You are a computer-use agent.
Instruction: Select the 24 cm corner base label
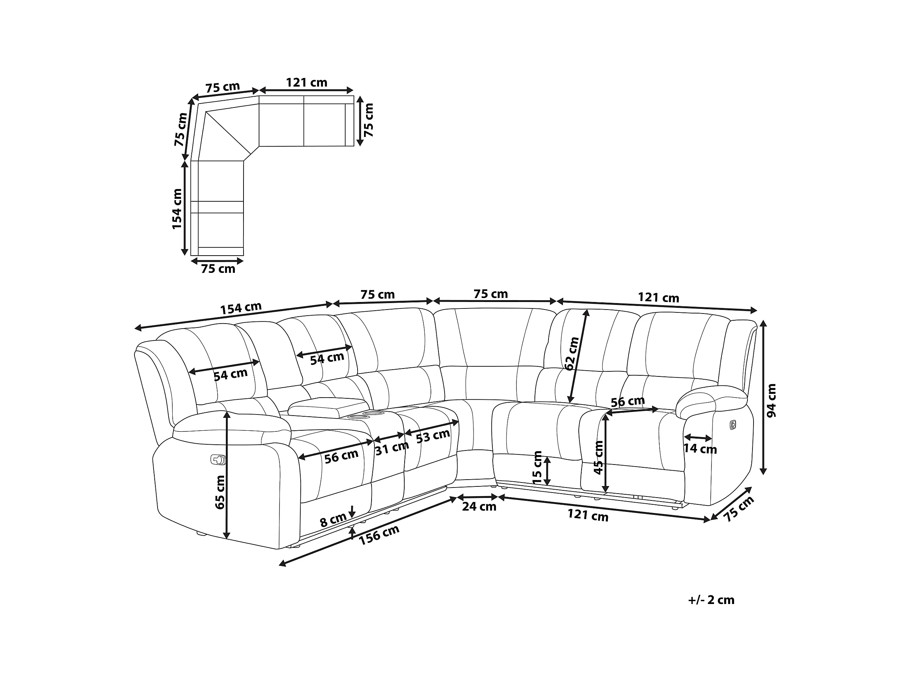479,507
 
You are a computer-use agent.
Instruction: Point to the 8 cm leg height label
333,520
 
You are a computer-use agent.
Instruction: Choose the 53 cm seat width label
433,436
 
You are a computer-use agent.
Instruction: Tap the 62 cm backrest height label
572,353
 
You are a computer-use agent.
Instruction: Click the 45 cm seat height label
599,457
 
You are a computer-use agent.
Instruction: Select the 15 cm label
537,468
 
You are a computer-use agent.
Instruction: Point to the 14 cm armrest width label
700,449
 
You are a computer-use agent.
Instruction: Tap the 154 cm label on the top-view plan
177,209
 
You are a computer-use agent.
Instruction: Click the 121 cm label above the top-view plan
306,83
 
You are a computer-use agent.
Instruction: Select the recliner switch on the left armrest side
218,459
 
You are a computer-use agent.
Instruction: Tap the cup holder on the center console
360,417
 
